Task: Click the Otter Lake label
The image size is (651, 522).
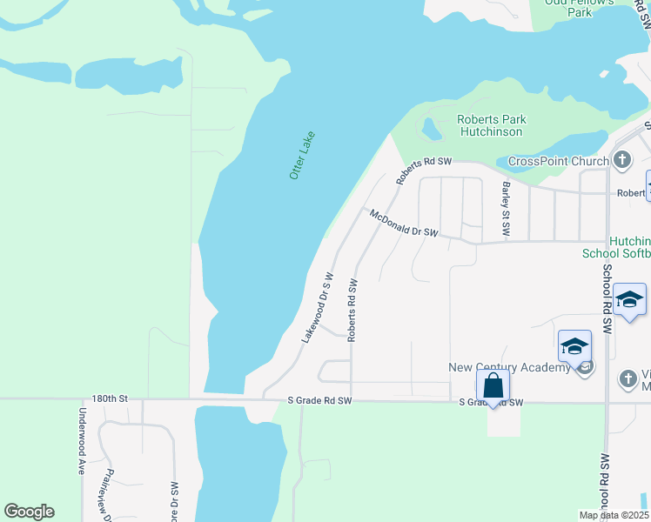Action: click(302, 156)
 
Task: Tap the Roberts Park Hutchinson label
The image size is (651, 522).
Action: click(492, 125)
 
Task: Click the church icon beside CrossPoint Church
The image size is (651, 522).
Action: click(621, 159)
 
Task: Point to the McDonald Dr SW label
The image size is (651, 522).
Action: click(401, 224)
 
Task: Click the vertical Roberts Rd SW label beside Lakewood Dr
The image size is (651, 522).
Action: click(352, 310)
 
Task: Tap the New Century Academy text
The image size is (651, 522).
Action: click(509, 367)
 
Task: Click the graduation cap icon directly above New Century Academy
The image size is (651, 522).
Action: click(574, 346)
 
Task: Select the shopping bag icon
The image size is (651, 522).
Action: click(493, 385)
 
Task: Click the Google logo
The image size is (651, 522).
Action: click(29, 512)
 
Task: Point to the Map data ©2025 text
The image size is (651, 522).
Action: click(613, 515)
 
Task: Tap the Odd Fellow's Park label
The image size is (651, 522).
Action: click(580, 8)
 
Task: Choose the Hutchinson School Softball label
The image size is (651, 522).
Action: click(616, 247)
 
